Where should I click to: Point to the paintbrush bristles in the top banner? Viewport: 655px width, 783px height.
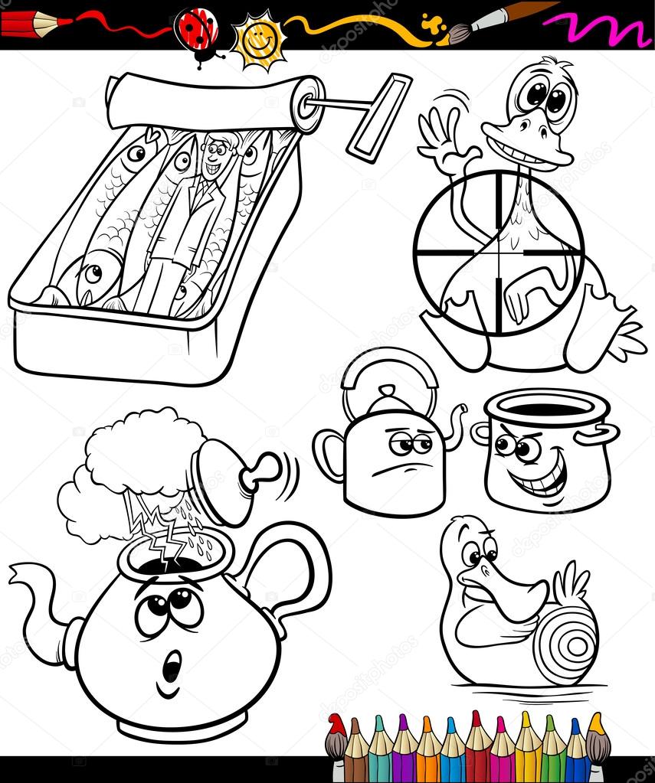point(460,33)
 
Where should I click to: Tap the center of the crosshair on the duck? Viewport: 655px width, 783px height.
point(499,252)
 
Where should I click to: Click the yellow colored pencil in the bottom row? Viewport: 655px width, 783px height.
point(527,746)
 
